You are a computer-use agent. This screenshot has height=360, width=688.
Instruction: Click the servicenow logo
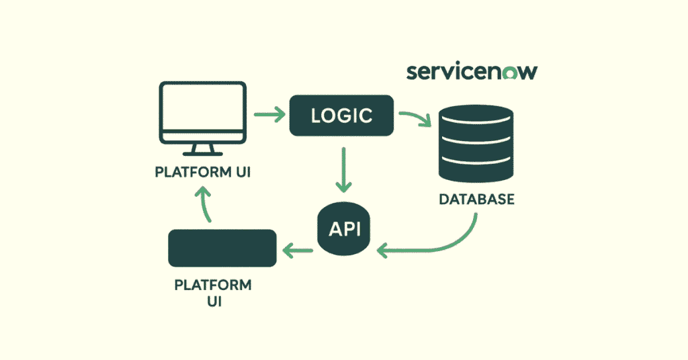[472, 72]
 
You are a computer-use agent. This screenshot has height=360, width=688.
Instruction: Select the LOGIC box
[341, 116]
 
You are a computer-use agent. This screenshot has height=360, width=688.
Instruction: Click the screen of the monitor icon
[202, 111]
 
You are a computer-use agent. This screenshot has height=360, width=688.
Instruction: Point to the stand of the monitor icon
[202, 149]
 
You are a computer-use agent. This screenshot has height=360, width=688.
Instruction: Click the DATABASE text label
[476, 199]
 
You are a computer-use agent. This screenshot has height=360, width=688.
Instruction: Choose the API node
[344, 228]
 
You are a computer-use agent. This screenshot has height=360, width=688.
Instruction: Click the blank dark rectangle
[222, 249]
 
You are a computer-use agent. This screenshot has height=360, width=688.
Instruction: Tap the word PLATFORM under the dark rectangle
[213, 285]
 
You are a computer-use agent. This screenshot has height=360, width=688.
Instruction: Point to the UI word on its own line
[213, 302]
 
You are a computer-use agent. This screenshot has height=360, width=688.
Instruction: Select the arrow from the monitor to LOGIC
[269, 115]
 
